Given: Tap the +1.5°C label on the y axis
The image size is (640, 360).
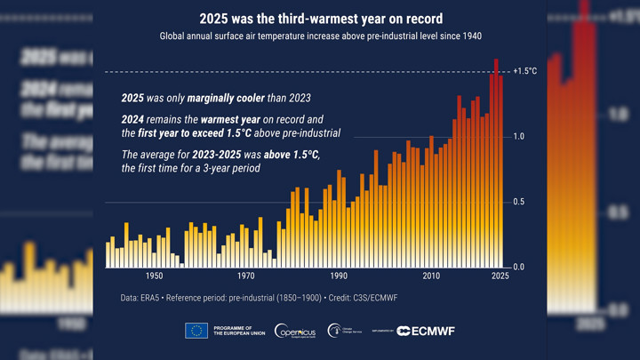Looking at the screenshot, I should [525, 71].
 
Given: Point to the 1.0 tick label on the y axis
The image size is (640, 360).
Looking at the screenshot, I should [518, 137].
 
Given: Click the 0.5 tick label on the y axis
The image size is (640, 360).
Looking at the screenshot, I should [518, 203].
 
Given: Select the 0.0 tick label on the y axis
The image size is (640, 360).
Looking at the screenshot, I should [518, 268].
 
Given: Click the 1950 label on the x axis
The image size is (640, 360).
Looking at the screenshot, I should [154, 276].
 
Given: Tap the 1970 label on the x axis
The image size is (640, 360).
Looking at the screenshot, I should [246, 276].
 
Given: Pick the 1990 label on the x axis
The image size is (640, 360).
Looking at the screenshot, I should [339, 276].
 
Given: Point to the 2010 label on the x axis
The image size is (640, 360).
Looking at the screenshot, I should [431, 276].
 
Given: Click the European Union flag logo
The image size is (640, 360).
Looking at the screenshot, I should [196, 331].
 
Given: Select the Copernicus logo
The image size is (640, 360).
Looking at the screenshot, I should [294, 331].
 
